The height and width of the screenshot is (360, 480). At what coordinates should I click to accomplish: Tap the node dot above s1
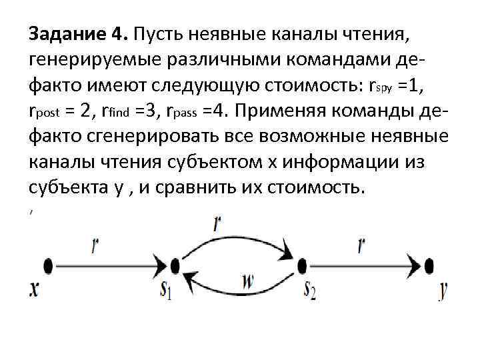tap(175, 266)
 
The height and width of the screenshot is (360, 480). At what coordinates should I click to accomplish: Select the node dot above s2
tap(302, 266)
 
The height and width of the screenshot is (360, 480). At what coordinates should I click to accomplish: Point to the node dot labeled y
tap(429, 266)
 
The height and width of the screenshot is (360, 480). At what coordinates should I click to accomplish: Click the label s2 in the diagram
tap(309, 291)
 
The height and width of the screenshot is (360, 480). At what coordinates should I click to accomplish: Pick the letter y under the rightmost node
tap(442, 291)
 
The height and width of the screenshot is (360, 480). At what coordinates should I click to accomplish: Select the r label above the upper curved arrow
tap(218, 223)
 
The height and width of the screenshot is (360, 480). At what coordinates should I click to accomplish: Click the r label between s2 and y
tap(361, 246)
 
